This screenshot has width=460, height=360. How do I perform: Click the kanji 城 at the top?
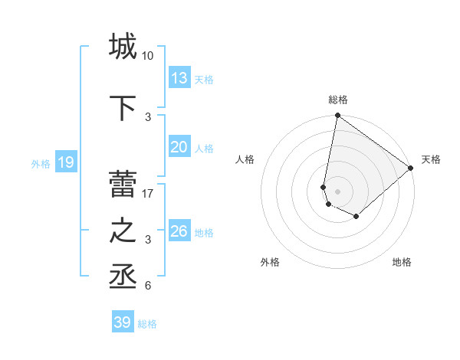(123, 46)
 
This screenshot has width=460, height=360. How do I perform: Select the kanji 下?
(123, 108)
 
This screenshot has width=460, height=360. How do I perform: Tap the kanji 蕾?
(123, 185)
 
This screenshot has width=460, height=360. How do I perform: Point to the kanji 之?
(123, 231)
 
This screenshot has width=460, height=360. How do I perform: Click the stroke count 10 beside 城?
(148, 56)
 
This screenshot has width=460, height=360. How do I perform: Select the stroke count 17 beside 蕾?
(148, 194)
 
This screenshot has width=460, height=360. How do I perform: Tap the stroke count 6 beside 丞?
(148, 286)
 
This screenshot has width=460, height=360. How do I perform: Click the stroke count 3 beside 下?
(148, 117)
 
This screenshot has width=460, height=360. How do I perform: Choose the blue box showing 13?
(179, 77)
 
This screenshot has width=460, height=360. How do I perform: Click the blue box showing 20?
(179, 147)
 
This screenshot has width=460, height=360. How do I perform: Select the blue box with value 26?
(179, 231)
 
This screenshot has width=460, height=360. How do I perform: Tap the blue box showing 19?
(65, 162)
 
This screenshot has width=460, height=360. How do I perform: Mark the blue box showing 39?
(123, 322)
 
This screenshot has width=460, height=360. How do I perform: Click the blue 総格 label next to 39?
(147, 324)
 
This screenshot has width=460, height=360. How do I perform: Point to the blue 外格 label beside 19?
(41, 163)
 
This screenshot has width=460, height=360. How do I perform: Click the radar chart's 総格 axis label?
(338, 100)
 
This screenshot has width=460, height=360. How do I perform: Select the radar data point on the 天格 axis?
(411, 169)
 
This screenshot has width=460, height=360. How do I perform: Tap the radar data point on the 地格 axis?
(356, 217)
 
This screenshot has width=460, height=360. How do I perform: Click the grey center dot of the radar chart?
(338, 191)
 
